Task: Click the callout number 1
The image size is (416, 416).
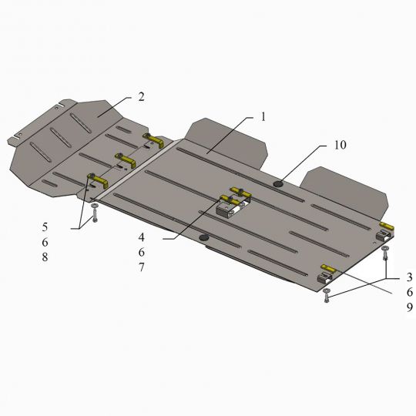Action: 263,117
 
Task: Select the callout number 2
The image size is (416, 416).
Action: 141,97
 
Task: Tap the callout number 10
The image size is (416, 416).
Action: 341,145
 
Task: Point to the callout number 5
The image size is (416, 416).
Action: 45,227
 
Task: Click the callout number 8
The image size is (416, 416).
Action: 45,257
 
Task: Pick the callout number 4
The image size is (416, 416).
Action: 142,237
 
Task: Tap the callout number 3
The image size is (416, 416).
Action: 410,277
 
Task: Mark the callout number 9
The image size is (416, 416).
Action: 410,307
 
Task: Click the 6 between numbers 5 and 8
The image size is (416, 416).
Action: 45,243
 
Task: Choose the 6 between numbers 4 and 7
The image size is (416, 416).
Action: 142,252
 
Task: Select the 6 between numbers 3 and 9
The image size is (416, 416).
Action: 410,292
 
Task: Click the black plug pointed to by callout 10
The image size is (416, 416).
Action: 278,183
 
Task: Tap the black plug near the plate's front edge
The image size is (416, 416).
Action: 204,238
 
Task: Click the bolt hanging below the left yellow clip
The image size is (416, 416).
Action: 95,216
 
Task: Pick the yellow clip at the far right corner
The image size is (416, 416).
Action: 386,226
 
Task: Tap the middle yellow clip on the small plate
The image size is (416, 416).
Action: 125,159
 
